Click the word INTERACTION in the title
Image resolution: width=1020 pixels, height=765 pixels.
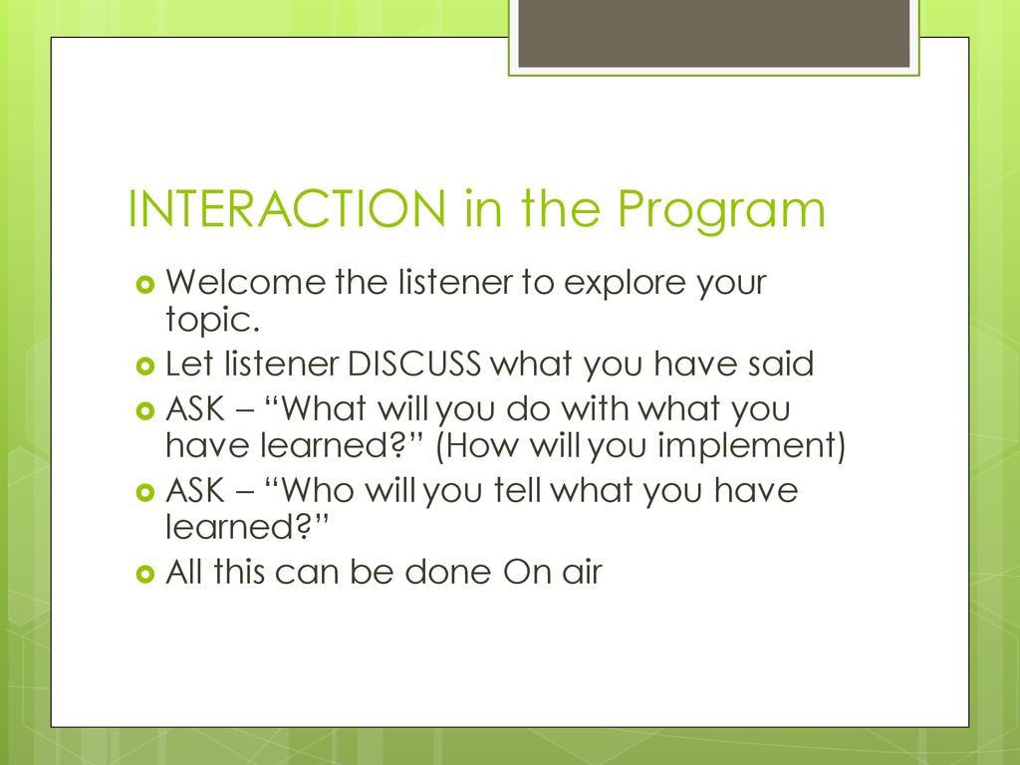point(287,209)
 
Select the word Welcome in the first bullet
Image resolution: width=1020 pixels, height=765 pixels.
point(246,282)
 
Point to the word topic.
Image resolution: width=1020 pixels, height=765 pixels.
point(212,320)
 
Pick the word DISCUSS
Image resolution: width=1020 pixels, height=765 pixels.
point(414,364)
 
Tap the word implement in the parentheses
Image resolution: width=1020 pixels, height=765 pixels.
point(751,447)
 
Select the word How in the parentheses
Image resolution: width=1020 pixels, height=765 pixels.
point(477,446)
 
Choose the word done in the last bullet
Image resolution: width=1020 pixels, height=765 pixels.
point(448,572)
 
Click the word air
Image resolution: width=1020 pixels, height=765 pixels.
point(582,572)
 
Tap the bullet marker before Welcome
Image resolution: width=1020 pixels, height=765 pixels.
point(145,285)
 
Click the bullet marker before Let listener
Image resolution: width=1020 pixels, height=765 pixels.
point(145,367)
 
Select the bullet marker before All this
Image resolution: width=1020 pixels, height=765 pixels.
point(145,575)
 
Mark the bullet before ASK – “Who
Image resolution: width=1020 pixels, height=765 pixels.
point(145,492)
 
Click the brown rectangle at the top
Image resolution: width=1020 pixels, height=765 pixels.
point(713,33)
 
